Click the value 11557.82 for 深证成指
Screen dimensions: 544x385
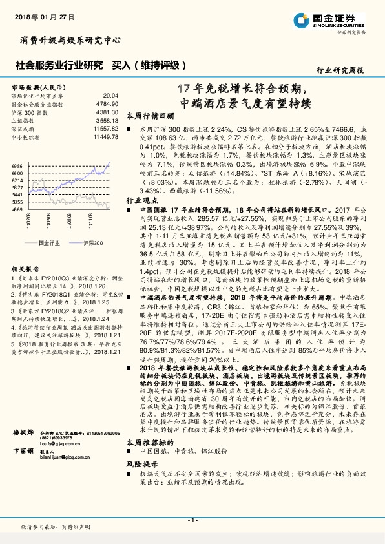[106, 129]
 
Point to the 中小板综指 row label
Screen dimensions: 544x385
[25, 137]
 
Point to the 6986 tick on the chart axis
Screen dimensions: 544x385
[17, 166]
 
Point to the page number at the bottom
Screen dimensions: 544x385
[192, 519]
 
